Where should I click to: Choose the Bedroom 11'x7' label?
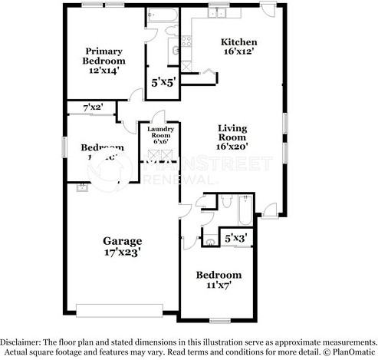click(219, 279)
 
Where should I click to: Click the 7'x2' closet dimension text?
click(94, 108)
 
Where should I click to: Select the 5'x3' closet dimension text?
click(235, 238)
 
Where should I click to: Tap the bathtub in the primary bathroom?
click(162, 15)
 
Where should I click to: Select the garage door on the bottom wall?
click(127, 310)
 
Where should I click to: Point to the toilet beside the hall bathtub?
click(225, 202)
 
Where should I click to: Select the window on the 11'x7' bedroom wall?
click(221, 319)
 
